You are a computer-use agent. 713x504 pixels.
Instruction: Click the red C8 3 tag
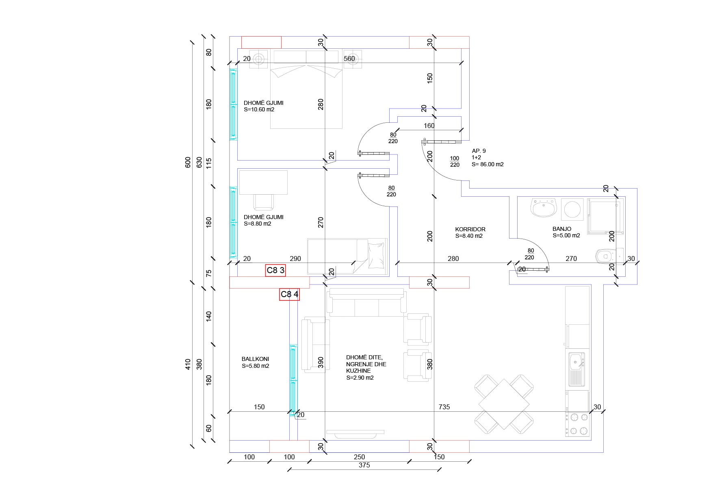(275, 270)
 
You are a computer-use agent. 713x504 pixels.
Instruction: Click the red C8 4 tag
(289, 294)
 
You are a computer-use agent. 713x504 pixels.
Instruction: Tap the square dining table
(504, 404)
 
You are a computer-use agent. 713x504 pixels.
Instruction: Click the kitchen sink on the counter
(576, 369)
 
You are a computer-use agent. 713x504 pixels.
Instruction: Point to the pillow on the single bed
(376, 255)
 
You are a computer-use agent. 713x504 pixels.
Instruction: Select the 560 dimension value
(349, 59)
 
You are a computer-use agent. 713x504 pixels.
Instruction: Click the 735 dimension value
(444, 407)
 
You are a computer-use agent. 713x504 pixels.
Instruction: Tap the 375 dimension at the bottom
(364, 465)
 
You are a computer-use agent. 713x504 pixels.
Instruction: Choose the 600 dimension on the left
(188, 162)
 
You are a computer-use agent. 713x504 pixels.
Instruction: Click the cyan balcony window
(293, 380)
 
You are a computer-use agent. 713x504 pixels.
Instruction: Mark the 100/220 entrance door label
(455, 161)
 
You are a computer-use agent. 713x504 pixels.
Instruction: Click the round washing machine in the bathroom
(572, 209)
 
